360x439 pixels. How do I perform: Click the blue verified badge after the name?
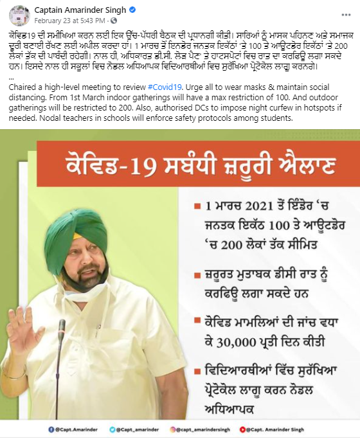coord(132,10)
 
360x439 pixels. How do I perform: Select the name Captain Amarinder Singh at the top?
coord(80,10)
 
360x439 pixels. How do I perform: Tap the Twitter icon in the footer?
coord(113,429)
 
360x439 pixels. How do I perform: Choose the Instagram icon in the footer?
coord(172,429)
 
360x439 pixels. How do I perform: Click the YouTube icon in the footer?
coord(242,429)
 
